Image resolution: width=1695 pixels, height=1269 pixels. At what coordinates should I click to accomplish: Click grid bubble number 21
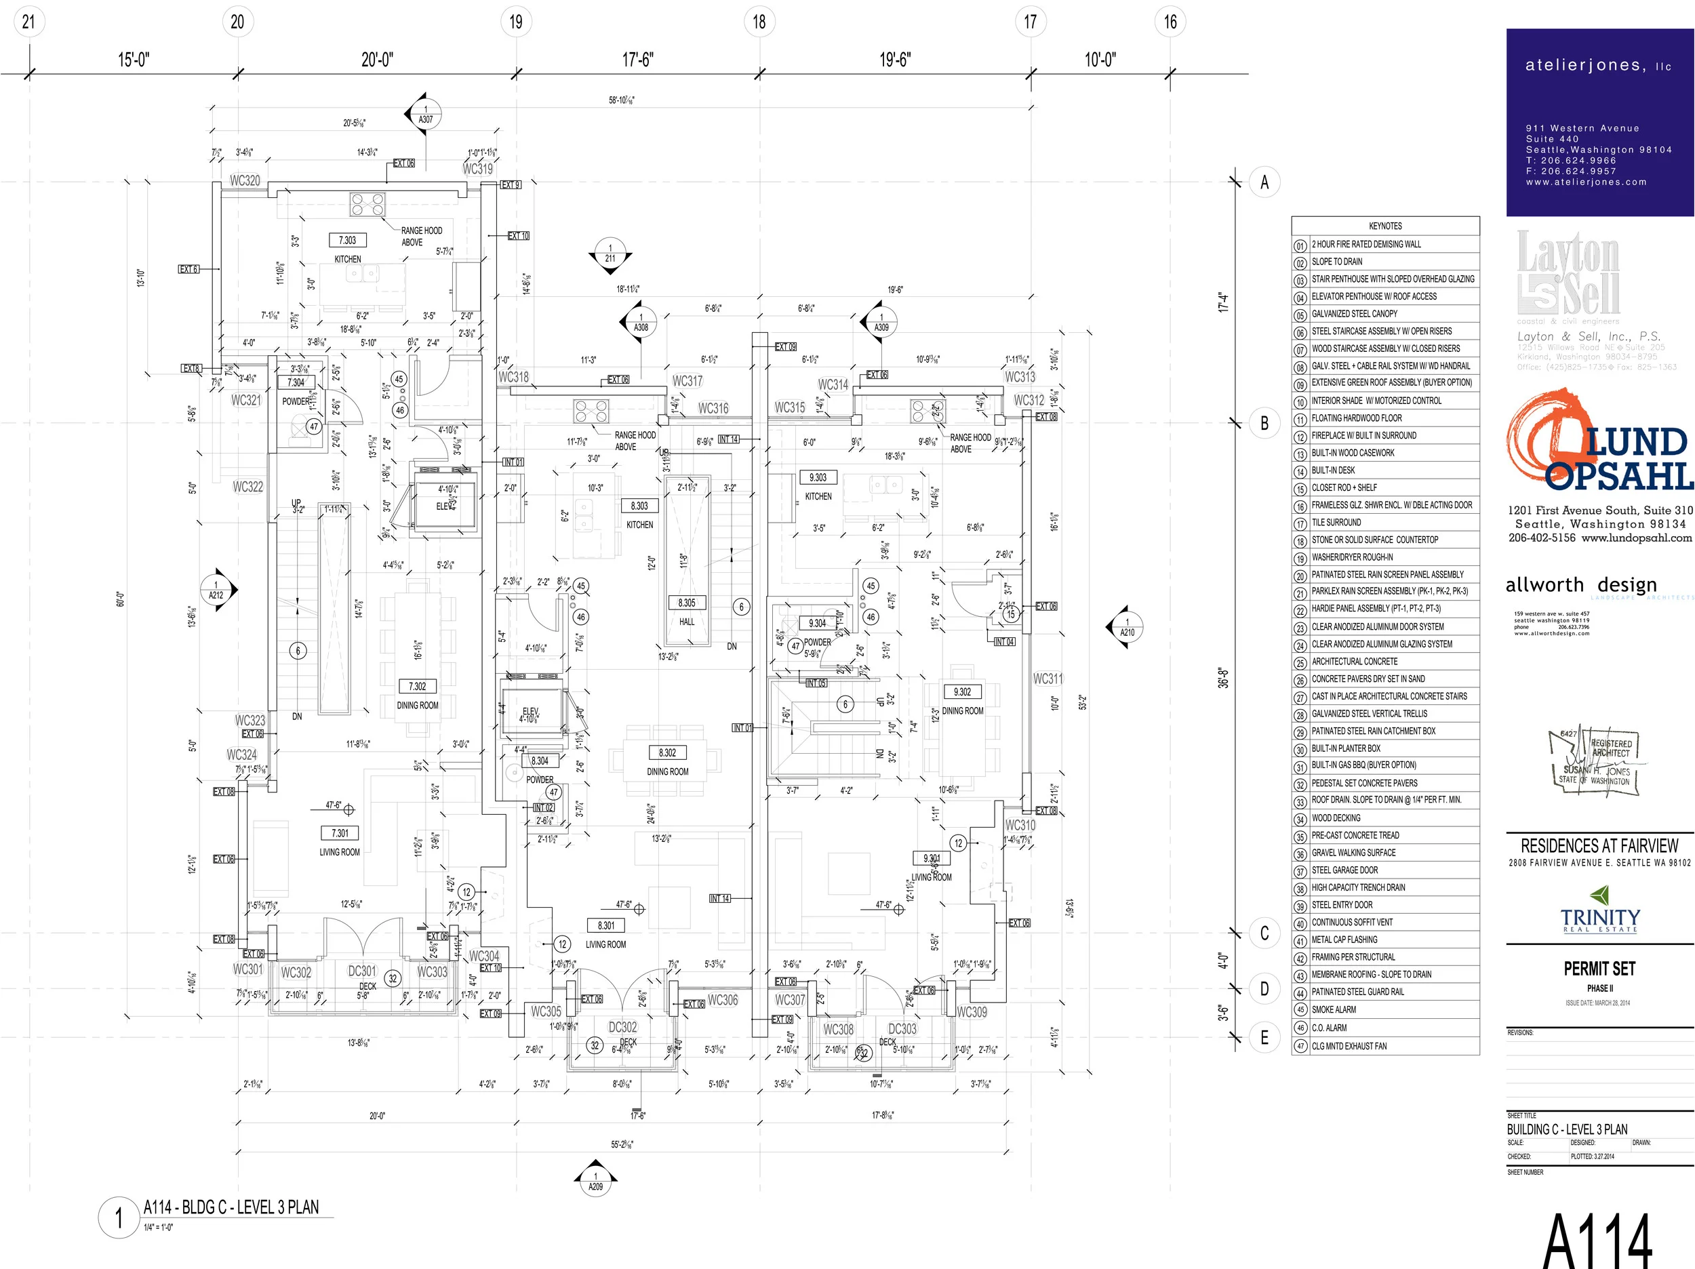point(29,22)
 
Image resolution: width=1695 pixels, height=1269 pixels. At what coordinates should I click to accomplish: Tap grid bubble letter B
point(1264,423)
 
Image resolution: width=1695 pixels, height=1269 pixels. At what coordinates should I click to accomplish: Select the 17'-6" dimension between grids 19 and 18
point(637,60)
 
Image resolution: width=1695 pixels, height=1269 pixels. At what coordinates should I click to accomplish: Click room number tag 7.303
point(347,240)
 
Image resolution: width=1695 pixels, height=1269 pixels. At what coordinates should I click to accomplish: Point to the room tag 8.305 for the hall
point(687,603)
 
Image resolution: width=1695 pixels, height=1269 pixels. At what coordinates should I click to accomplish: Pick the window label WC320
point(245,181)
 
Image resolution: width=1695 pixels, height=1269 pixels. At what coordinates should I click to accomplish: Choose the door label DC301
point(363,971)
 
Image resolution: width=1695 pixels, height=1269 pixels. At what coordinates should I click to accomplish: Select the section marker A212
point(217,590)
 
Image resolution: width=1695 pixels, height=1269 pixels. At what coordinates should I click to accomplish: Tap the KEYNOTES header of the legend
point(1384,226)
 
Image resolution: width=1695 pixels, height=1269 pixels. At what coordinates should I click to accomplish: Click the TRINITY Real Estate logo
point(1600,911)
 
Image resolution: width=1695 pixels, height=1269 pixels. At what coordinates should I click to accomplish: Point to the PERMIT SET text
point(1599,969)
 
